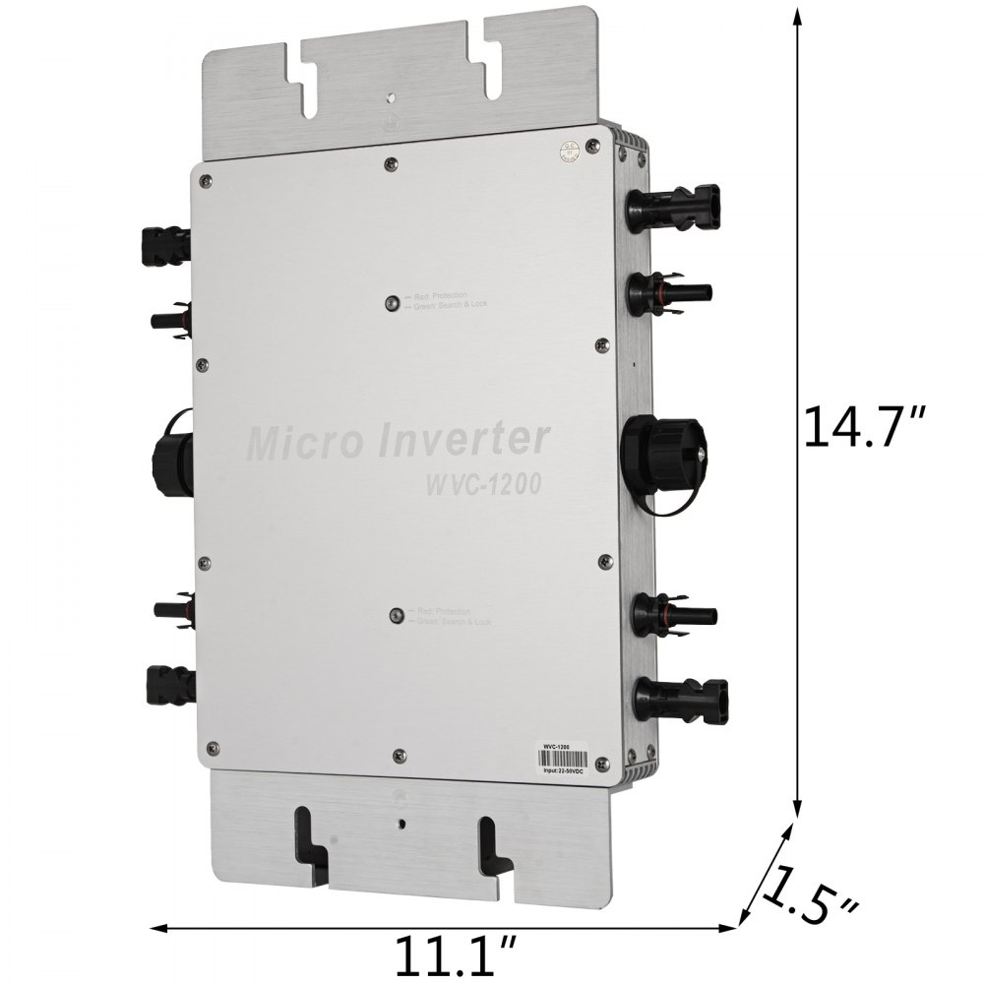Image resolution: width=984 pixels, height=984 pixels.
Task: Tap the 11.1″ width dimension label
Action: coord(444,953)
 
